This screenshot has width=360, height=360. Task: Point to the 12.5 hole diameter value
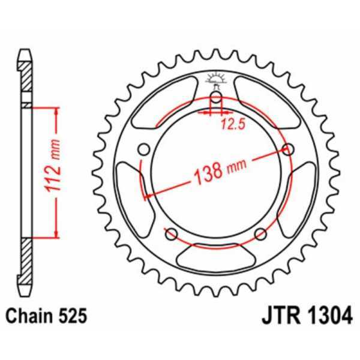click(229, 125)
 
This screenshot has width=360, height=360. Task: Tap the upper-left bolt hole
click(143, 149)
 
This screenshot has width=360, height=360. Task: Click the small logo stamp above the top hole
click(216, 79)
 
